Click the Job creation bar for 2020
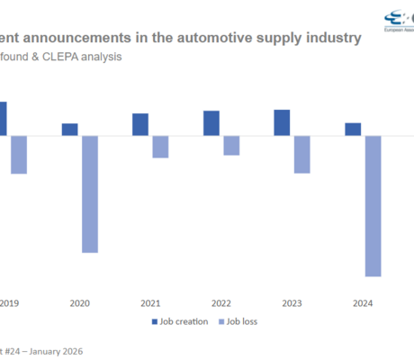coord(70,130)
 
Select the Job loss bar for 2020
coord(89,193)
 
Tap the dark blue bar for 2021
coord(140,125)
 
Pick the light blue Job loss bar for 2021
coord(160,147)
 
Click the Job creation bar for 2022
coord(211,123)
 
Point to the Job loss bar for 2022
coord(231,145)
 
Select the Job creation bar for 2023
coord(282,122)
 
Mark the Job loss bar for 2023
coord(301,154)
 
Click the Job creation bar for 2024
coord(353,129)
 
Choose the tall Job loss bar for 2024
coord(373,205)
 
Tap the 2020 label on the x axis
coord(79,303)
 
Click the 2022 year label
coord(221,303)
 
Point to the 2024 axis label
coord(363,303)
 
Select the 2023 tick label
coord(292,303)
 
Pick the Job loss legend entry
coord(240,321)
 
